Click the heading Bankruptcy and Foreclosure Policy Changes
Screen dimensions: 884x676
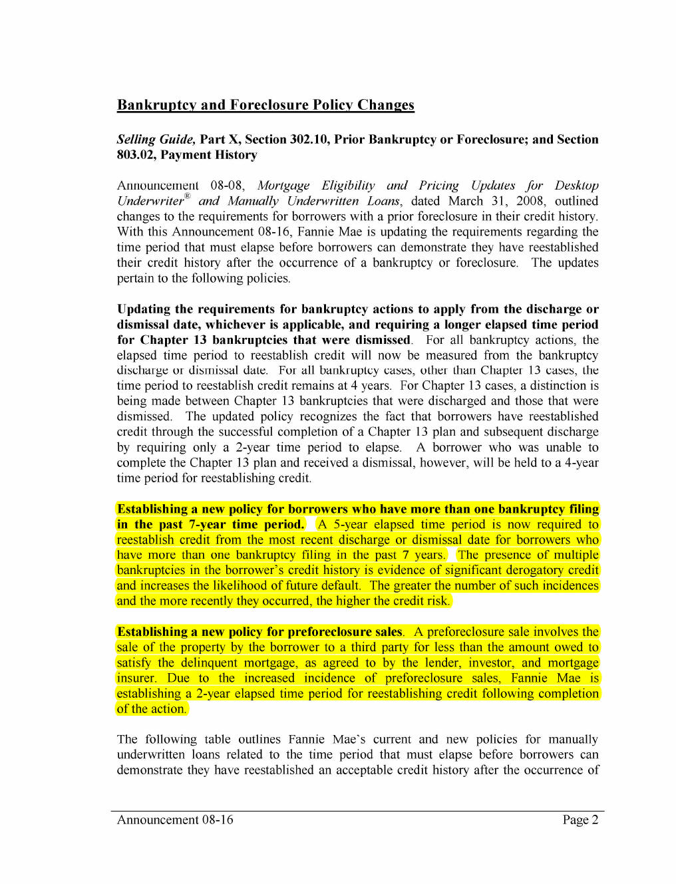(x=265, y=105)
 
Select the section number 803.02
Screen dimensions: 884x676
(x=135, y=155)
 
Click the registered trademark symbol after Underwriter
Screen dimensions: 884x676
(x=188, y=196)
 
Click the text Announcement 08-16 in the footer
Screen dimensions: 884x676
(x=175, y=820)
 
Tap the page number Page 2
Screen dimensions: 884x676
(x=580, y=820)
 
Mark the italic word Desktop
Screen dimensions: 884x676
(x=576, y=186)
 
